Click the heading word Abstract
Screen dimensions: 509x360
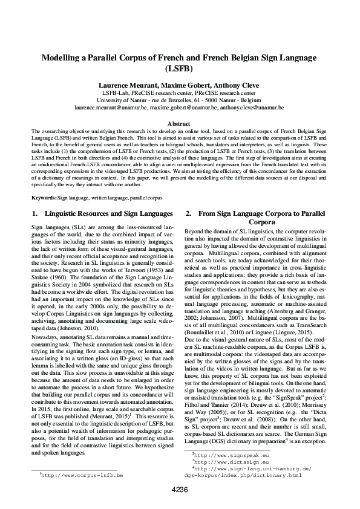(x=180, y=123)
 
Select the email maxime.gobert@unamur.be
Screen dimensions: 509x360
(x=184, y=107)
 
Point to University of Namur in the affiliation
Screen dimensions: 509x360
(x=119, y=100)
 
